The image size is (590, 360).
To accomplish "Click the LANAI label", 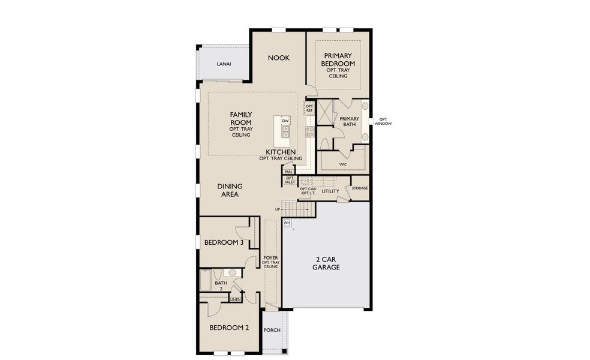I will (224, 64).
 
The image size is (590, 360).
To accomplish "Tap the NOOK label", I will (278, 58).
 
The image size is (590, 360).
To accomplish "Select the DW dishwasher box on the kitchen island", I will (285, 121).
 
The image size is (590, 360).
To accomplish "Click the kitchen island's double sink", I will (285, 132).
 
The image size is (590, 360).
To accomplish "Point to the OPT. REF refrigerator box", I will (309, 109).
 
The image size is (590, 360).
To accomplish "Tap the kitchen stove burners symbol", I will (311, 132).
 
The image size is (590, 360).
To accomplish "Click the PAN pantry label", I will (288, 172).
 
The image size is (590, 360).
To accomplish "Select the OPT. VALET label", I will (290, 180).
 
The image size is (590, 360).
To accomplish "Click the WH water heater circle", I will (287, 223).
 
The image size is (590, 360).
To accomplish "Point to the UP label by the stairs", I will (278, 209).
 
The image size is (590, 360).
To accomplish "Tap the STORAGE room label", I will (360, 188).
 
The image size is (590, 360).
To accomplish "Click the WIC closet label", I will (343, 163).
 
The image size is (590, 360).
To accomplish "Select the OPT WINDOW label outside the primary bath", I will (383, 122).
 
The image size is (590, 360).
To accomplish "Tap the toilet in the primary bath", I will (324, 144).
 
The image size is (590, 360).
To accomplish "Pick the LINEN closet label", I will (235, 299).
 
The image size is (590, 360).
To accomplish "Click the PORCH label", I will (272, 330).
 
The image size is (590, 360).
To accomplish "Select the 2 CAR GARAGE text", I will (326, 263).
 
